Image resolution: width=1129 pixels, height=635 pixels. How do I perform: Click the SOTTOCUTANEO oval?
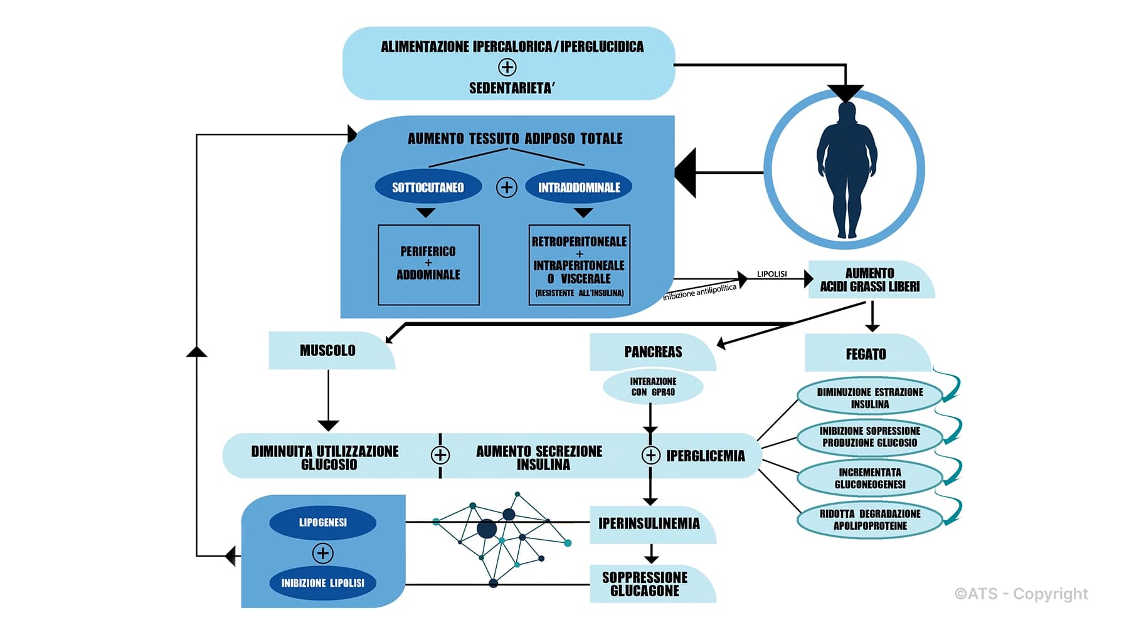[x=428, y=187]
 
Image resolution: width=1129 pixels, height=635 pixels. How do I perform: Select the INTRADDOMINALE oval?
[x=578, y=187]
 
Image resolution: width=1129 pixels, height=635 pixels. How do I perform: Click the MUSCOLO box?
[x=328, y=350]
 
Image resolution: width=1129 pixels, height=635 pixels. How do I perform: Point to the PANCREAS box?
[x=652, y=352]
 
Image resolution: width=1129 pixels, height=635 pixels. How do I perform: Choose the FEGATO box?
[x=866, y=354]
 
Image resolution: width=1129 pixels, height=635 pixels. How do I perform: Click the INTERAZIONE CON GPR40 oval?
[x=653, y=387]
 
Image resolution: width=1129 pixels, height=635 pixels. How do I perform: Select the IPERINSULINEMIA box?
[x=649, y=523]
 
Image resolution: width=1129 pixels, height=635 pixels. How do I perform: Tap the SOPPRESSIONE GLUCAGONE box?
[x=645, y=584]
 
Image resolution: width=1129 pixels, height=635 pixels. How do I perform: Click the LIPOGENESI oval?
[x=322, y=522]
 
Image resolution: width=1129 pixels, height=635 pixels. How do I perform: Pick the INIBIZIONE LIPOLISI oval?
[x=322, y=582]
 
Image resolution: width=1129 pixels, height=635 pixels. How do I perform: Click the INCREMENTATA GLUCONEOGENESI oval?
[x=870, y=478]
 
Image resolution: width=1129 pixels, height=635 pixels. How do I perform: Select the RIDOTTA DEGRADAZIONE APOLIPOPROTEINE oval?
[x=870, y=520]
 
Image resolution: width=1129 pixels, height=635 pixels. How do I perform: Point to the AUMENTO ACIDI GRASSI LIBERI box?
[x=869, y=280]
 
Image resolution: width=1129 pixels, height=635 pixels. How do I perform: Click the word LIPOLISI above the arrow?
[x=771, y=274]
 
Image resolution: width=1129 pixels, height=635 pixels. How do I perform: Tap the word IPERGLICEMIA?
[x=706, y=456]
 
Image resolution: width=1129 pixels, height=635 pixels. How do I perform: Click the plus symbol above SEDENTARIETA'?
[x=507, y=67]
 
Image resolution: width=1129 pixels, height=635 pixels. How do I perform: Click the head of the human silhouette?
[x=847, y=112]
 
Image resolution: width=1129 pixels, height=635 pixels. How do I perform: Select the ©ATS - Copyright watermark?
[x=1021, y=594]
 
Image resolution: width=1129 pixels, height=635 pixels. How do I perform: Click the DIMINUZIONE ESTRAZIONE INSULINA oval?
[x=870, y=397]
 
